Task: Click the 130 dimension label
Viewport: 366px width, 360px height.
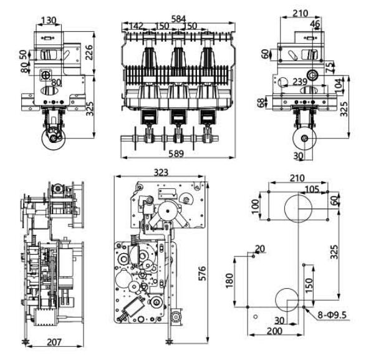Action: tap(49, 21)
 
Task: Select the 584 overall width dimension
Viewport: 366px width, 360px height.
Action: tap(178, 19)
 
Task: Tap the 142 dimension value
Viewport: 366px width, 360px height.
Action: tap(136, 26)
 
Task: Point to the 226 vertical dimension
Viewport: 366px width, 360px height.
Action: tap(89, 52)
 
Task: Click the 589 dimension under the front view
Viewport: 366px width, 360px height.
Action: tap(176, 153)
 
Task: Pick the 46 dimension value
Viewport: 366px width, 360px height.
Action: tap(315, 24)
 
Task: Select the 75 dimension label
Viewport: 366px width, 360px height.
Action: tap(330, 68)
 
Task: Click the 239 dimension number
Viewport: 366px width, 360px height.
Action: tap(300, 82)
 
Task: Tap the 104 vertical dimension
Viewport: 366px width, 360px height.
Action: tap(340, 86)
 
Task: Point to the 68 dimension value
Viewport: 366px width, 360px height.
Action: tap(262, 102)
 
